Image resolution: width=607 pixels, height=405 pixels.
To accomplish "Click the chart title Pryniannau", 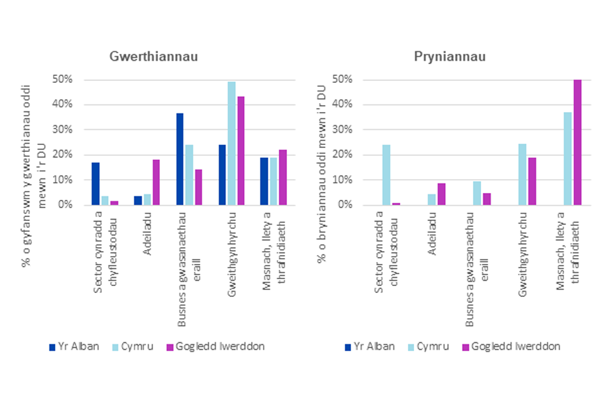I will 441,57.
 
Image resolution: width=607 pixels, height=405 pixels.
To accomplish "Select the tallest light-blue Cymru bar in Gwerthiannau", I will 231,144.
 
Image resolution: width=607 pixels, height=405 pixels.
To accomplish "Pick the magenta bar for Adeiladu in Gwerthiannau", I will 156,182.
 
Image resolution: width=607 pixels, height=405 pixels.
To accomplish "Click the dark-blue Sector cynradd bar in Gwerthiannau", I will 95,184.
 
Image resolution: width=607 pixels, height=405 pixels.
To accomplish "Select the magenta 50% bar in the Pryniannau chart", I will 577,142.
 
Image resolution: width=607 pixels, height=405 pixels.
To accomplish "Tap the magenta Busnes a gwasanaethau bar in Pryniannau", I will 487,199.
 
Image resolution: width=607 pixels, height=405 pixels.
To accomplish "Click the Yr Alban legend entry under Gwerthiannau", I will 74,346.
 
